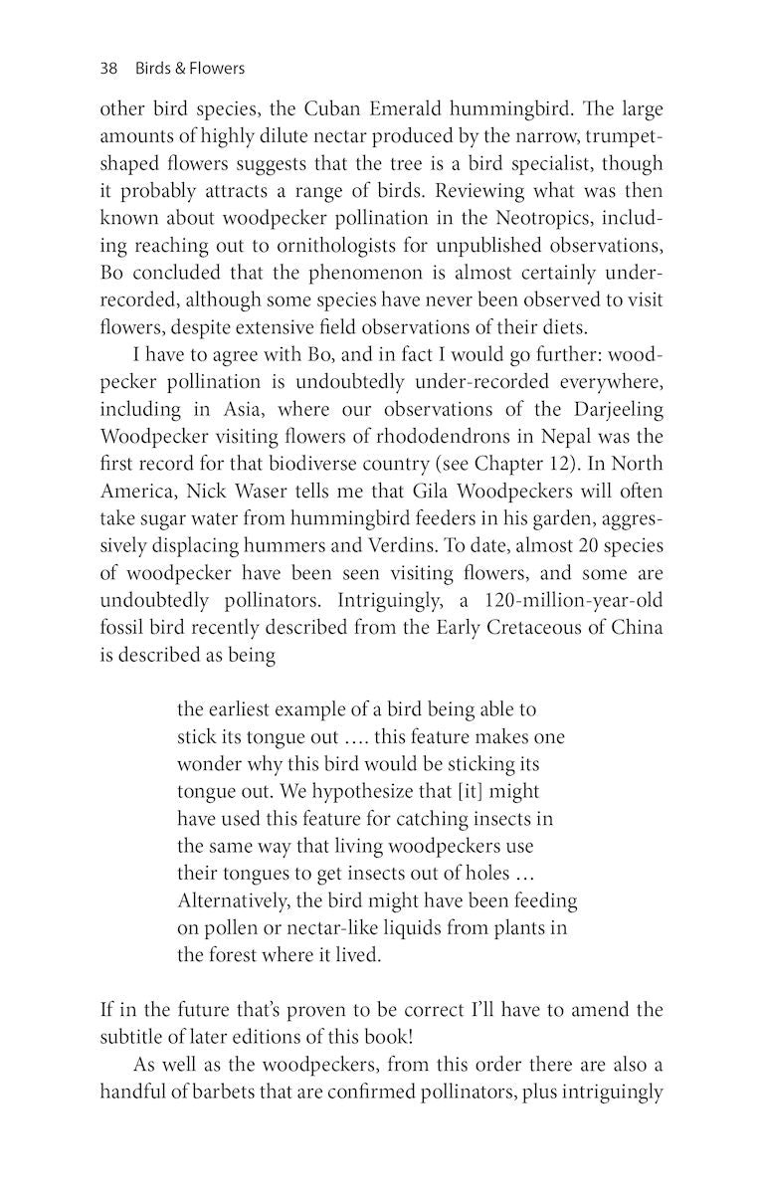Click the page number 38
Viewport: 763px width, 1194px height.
point(109,69)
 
